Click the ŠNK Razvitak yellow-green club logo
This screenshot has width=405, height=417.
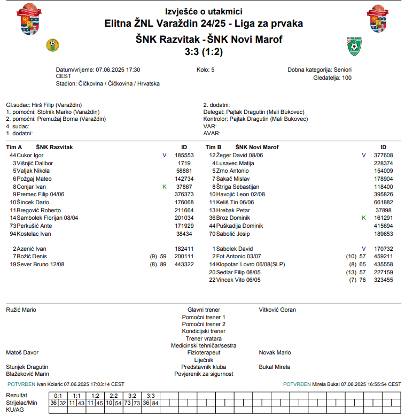point(52,44)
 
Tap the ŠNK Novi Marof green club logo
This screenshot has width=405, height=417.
point(354,47)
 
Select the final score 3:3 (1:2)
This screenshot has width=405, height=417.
point(204,52)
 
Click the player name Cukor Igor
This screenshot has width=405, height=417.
point(30,155)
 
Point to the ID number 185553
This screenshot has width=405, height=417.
point(184,155)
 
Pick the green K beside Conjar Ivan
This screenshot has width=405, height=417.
point(165,187)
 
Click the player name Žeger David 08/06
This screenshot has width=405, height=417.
point(239,155)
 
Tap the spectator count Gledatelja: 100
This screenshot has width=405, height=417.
point(332,78)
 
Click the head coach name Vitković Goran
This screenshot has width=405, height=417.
point(277,310)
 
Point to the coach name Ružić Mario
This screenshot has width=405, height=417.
point(21,310)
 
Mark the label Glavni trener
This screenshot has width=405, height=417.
point(204,310)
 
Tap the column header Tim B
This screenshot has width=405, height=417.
point(213,147)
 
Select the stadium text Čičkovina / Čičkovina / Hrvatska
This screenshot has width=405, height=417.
point(119,83)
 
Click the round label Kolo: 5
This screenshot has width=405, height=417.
point(205,69)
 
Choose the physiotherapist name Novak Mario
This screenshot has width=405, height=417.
point(275,352)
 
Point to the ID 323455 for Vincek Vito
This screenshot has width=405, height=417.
point(383,280)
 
